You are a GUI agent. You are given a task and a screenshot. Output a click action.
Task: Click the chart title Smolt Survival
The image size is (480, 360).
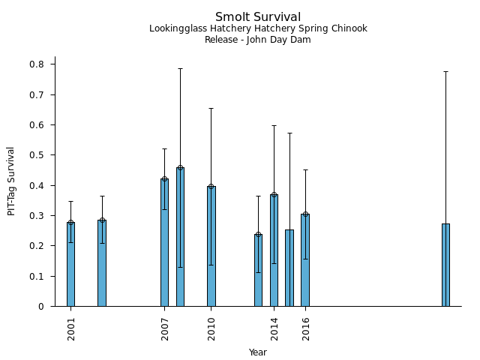[x=258, y=16]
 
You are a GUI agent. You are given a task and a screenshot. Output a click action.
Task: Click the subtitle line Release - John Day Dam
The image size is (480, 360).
[x=258, y=40]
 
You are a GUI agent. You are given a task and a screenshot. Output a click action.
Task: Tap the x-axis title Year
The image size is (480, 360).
[x=258, y=352]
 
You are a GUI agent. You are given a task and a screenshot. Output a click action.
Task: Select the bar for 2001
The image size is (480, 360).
[x=70, y=264]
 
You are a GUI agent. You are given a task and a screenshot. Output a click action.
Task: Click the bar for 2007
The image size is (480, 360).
[x=164, y=242]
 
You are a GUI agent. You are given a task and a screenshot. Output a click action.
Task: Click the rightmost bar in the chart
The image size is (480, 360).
[x=445, y=265]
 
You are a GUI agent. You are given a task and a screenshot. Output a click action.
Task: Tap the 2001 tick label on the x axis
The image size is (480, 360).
[x=71, y=328]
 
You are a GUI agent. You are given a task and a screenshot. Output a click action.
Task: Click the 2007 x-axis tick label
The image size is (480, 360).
[x=165, y=328]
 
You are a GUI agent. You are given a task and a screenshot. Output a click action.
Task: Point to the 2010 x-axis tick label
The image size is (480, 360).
[x=211, y=328]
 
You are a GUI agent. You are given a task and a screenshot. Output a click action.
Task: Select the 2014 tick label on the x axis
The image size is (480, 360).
[x=274, y=328]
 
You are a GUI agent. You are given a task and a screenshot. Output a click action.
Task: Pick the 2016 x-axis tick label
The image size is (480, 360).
[x=306, y=328]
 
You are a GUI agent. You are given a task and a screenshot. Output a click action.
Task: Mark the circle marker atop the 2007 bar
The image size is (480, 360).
[x=164, y=178]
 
